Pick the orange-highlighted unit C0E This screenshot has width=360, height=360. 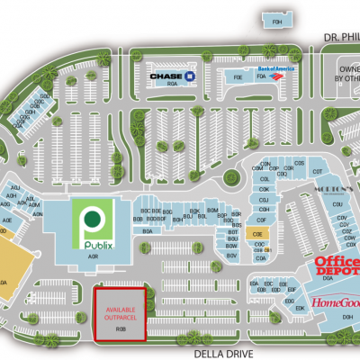tap(257, 234)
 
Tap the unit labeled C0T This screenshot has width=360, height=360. tap(317, 171)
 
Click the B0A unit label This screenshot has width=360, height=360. tap(146, 232)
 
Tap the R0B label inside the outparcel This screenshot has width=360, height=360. tap(120, 329)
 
